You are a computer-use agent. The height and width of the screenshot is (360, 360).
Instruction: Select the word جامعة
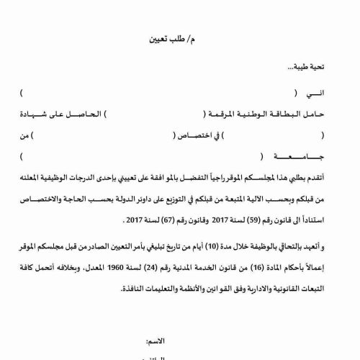(325, 155)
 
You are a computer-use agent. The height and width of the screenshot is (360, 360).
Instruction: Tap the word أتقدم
(336, 176)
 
